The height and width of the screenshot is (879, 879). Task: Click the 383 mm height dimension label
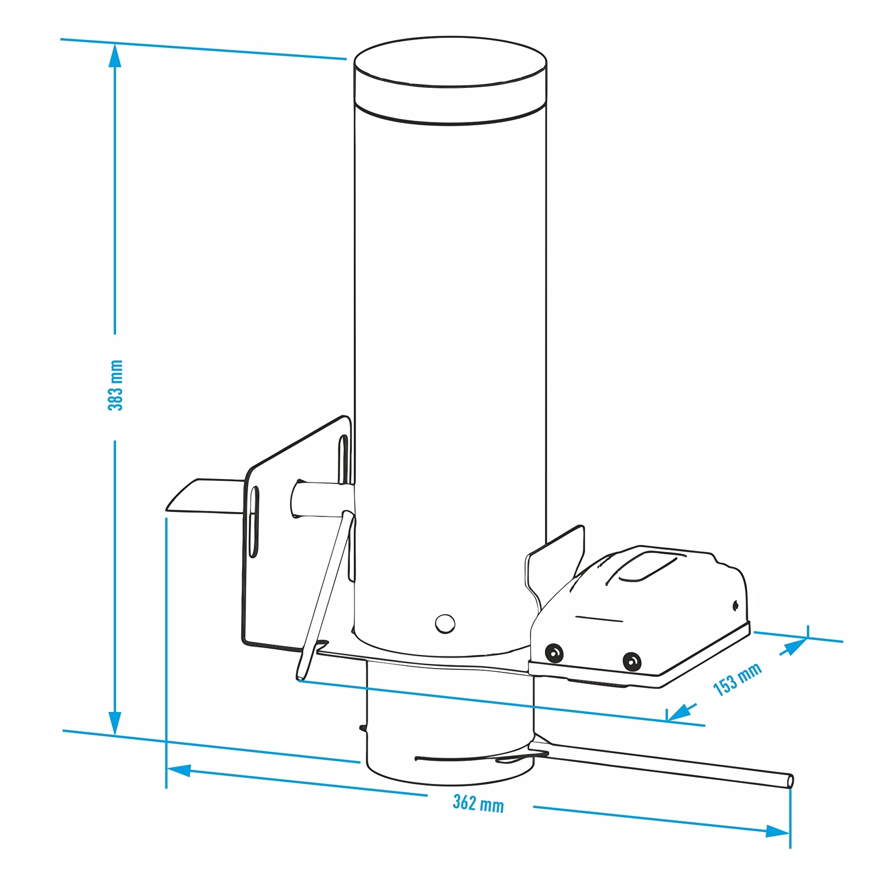115,386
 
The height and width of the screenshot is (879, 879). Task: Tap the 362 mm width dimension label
478,804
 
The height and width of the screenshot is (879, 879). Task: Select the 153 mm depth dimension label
737,680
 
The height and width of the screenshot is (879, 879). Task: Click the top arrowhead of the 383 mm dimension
115,55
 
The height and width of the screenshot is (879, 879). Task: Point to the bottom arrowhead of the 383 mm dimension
115,722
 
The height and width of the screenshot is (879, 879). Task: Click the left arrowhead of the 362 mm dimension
179,770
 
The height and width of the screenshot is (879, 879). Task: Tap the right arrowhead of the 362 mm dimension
778,830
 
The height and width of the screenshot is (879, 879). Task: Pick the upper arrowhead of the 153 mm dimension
794,647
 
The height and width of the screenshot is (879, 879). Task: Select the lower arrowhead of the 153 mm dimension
680,712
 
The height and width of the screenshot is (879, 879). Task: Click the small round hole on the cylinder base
445,624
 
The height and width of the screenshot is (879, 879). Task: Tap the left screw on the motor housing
554,653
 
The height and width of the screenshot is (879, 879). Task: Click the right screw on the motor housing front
632,661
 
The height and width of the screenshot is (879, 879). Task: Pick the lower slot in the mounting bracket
254,522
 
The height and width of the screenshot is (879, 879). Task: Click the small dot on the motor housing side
736,606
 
